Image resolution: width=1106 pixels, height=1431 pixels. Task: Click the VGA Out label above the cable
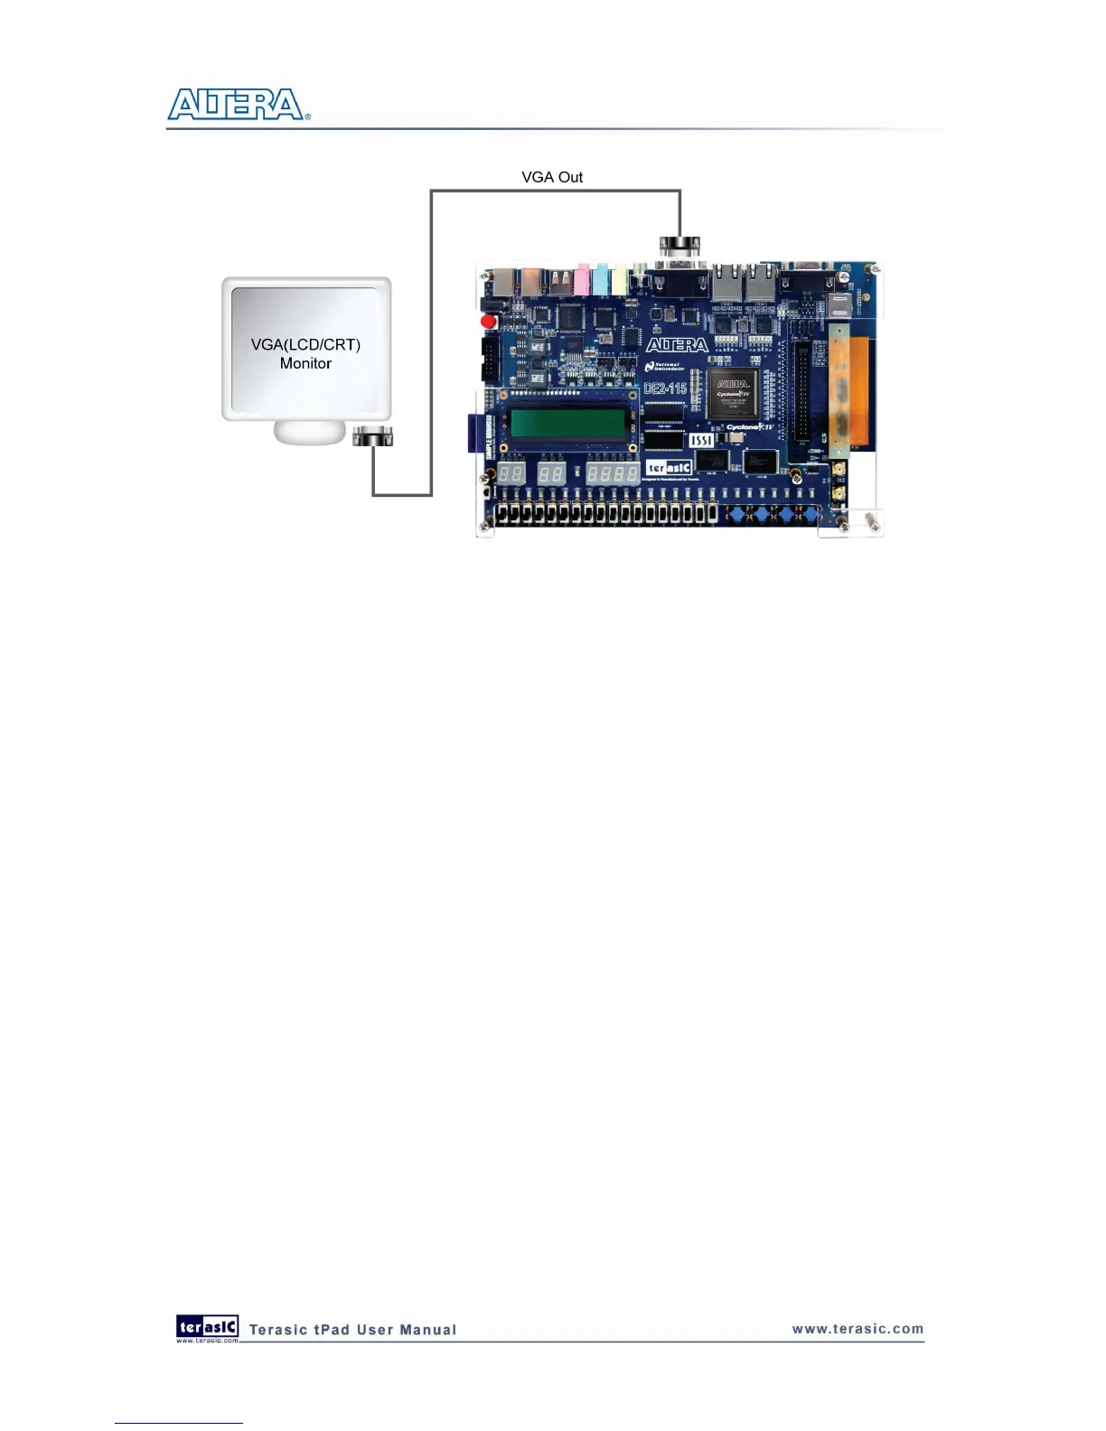coord(552,177)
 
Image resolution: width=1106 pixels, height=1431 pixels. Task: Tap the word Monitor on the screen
coord(305,363)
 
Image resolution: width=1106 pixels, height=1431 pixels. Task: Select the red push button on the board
coord(489,321)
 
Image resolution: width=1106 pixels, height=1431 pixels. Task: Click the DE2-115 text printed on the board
coord(665,388)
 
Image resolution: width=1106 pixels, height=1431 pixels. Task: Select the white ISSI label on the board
coord(702,440)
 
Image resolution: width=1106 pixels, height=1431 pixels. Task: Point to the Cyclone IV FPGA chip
coord(733,393)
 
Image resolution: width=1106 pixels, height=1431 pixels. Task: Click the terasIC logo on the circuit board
coord(670,467)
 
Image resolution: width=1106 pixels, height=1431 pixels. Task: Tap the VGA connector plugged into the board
coord(680,246)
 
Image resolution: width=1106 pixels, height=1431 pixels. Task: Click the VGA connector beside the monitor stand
coord(372,436)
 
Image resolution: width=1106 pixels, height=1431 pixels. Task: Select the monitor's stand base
coord(309,433)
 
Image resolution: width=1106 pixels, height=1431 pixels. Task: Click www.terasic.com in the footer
coord(858,1329)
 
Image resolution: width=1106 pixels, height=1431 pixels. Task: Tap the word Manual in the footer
coord(429,1330)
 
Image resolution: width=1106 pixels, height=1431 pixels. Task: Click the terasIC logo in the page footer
coord(208,1327)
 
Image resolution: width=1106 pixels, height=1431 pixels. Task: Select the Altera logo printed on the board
coord(677,345)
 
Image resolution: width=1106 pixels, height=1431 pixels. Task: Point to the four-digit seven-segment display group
coord(613,472)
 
